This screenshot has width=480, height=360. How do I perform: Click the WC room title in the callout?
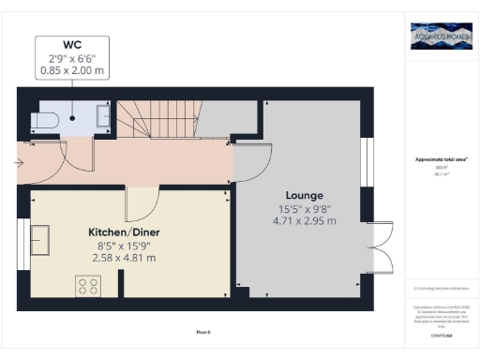click(72, 45)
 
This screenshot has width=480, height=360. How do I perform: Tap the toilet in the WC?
click(46, 119)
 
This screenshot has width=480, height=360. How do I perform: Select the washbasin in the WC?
click(103, 114)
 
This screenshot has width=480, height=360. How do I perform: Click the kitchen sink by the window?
click(41, 240)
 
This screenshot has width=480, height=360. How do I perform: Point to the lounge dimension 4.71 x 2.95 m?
click(303, 221)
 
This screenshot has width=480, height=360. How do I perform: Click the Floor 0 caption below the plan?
click(202, 332)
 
